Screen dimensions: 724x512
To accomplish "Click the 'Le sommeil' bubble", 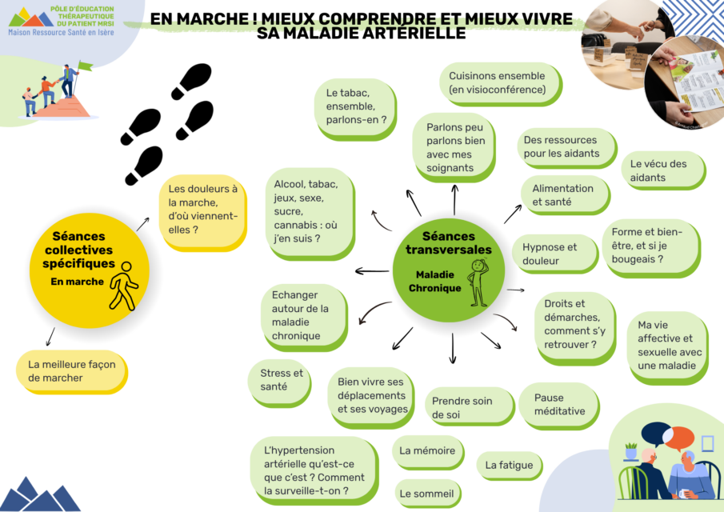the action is click(427, 494).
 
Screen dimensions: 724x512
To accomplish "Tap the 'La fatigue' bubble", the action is click(510, 466).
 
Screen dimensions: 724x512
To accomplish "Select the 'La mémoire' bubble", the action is click(428, 452).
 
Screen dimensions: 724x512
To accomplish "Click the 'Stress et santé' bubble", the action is click(279, 382).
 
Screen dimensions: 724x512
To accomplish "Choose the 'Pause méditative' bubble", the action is click(559, 406).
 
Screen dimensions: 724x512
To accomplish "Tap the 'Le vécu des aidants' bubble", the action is click(664, 170).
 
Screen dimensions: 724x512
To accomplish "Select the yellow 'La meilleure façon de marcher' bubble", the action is click(72, 372).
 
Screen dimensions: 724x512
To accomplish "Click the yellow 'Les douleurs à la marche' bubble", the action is click(202, 212).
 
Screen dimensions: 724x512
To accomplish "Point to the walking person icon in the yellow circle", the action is click(124, 286).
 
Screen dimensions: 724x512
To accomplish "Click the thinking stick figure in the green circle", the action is click(478, 282).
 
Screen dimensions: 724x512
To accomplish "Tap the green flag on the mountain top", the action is click(86, 66).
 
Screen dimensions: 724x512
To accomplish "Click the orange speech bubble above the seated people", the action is click(678, 438).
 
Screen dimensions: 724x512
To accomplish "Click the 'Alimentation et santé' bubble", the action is click(565, 195).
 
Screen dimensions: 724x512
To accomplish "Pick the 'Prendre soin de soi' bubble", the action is click(470, 406).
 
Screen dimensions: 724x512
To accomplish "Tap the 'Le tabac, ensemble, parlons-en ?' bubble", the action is click(355, 110).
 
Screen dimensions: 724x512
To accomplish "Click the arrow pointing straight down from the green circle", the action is click(453, 348).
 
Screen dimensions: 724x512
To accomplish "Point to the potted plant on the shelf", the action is click(630, 450).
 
